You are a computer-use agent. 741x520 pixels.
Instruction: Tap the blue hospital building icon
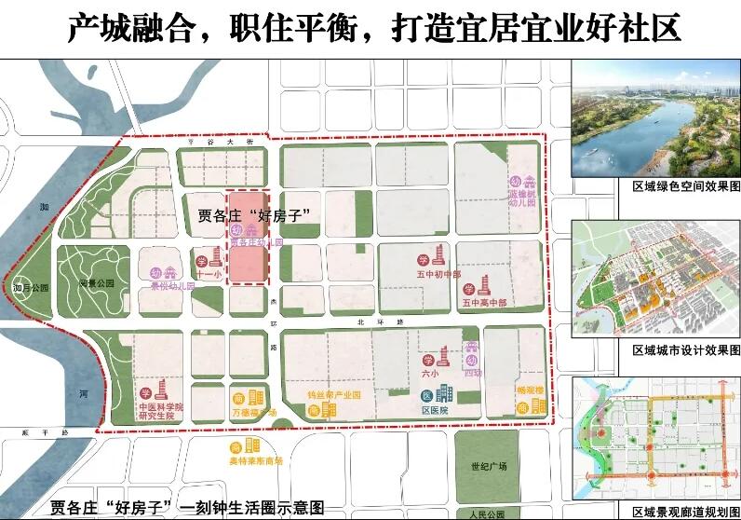(x=442, y=394)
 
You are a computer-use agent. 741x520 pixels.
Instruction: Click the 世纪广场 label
(x=489, y=467)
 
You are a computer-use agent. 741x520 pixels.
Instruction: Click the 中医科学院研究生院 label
(x=160, y=413)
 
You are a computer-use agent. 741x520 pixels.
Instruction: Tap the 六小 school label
(x=429, y=373)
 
